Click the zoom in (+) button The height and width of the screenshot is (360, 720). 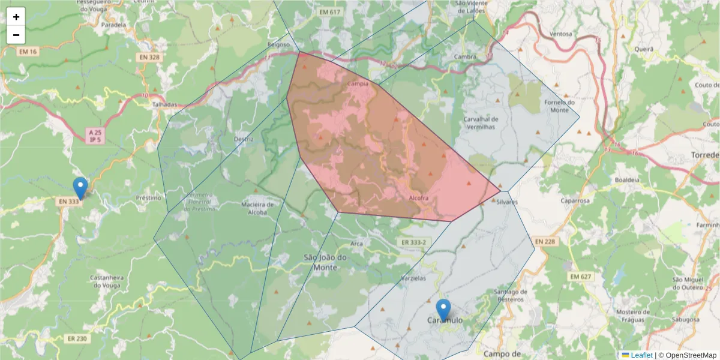point(16,17)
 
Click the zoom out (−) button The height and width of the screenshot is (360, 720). point(16,35)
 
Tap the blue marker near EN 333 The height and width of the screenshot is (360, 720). point(80,188)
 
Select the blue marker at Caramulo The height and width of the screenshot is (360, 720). point(443,310)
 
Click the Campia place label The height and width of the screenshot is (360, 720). point(358,85)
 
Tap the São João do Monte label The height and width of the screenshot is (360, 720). point(326,262)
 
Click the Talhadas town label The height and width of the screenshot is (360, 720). point(165,104)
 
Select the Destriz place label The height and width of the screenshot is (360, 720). point(244,139)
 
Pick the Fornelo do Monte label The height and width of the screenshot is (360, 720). point(556,106)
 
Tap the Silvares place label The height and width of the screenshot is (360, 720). point(507,202)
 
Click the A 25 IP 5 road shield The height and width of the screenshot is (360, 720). point(94,136)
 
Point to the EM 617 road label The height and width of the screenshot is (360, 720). point(330,12)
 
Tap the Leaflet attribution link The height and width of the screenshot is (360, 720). point(641,355)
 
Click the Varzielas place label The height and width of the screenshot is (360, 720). point(413,279)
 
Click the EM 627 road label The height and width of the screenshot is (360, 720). point(581,277)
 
